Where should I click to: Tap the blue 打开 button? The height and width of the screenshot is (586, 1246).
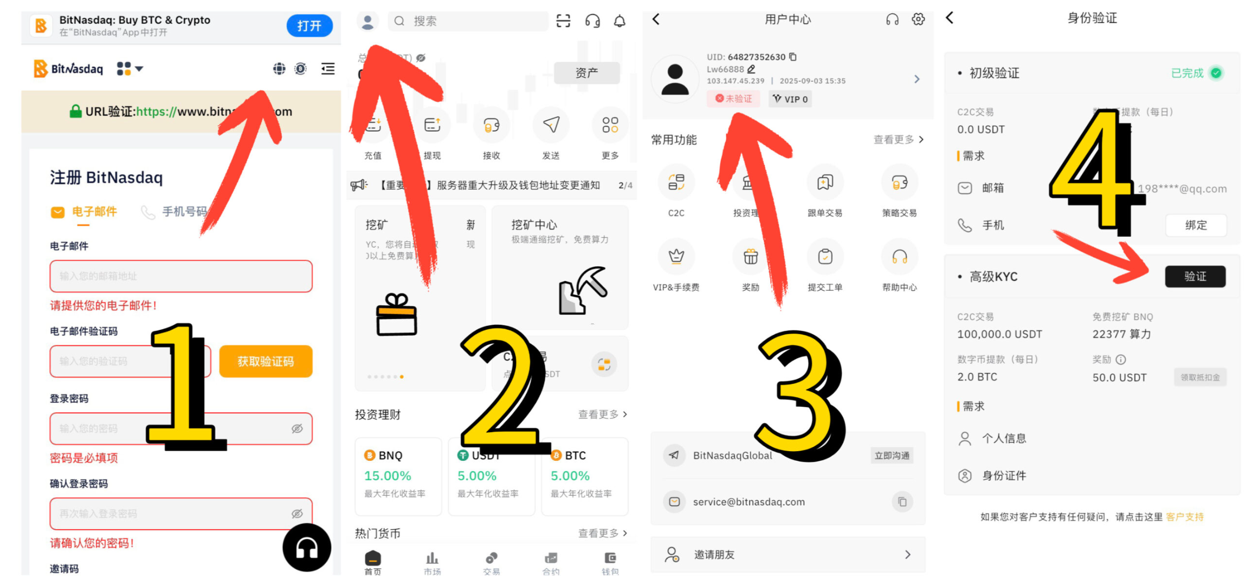click(x=309, y=26)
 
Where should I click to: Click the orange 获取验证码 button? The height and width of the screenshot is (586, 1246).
click(x=266, y=361)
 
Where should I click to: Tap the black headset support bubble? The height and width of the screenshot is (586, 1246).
click(x=306, y=548)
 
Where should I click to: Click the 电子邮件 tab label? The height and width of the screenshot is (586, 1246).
click(x=94, y=211)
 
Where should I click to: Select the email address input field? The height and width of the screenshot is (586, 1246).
click(x=180, y=276)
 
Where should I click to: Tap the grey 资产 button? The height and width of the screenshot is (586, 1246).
click(x=586, y=73)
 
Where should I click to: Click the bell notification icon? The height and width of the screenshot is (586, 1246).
click(x=619, y=21)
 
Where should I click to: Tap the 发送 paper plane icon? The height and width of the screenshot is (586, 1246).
click(x=551, y=125)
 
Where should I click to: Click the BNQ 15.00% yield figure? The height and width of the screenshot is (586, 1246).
click(x=387, y=476)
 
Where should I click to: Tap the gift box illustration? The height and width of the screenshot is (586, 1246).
click(x=396, y=315)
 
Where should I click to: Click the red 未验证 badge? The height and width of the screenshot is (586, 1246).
click(x=733, y=99)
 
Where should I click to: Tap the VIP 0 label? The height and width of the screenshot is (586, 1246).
click(x=790, y=99)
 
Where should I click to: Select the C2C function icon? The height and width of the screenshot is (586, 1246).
click(x=676, y=183)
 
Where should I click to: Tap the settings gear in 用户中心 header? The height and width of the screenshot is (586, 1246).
click(x=918, y=19)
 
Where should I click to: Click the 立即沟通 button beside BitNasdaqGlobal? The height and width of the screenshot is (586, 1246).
click(x=892, y=455)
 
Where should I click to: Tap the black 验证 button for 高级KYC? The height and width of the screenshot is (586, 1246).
click(x=1195, y=276)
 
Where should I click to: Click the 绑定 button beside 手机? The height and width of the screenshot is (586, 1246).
click(x=1196, y=225)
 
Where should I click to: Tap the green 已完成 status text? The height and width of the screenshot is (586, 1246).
click(x=1187, y=73)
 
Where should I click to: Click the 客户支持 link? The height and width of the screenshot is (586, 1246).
click(x=1184, y=517)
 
